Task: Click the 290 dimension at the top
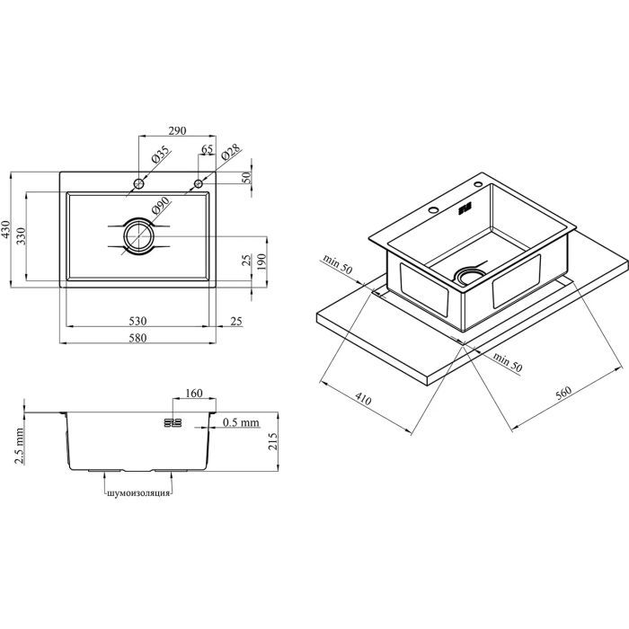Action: pos(177,131)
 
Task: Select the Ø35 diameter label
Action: pos(160,155)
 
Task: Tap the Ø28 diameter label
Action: pos(230,152)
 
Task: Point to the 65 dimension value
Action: pos(207,149)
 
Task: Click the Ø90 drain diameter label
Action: pos(161,206)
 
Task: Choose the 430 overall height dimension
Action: pos(5,229)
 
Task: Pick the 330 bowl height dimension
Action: pos(22,236)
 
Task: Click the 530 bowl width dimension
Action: pos(137,321)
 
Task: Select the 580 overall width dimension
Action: pos(137,338)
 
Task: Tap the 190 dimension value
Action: pos(261,261)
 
